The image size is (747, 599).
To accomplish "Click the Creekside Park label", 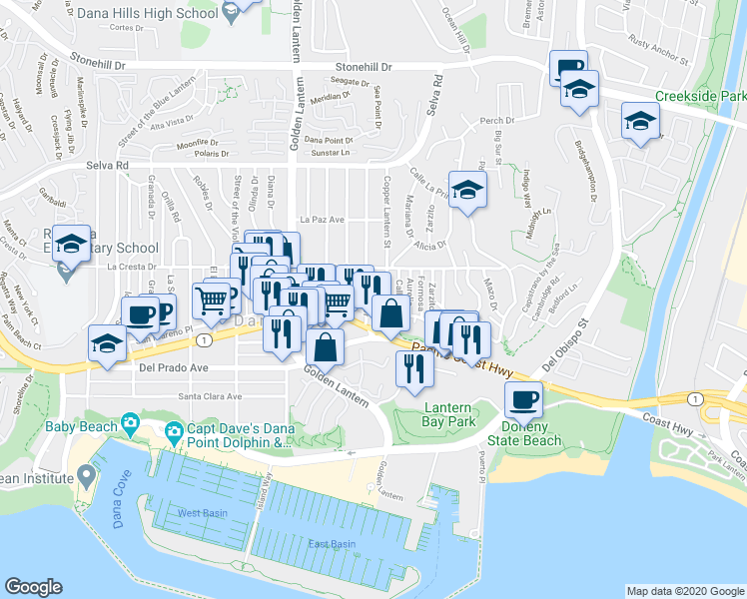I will (x=700, y=97).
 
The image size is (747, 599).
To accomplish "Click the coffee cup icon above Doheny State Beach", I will (x=523, y=401).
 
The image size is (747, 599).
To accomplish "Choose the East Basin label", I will (x=333, y=544).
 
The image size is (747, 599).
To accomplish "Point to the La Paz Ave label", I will (x=322, y=220).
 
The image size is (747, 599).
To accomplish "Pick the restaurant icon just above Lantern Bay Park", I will (x=412, y=368).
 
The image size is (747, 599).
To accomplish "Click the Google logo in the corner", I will (x=34, y=587).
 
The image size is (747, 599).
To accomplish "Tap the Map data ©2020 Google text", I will (x=684, y=591).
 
